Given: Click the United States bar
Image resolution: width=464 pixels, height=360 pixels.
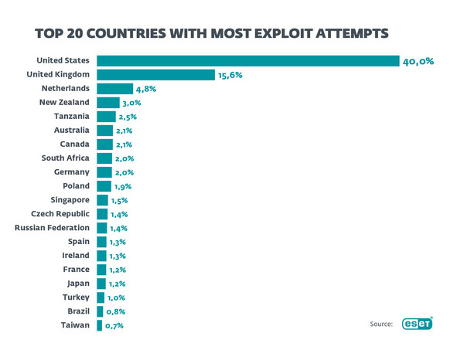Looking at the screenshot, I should point(247,61).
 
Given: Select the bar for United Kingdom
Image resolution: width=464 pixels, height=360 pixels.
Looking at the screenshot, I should point(155,75).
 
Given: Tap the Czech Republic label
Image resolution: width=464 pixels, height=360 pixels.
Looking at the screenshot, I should point(60,214).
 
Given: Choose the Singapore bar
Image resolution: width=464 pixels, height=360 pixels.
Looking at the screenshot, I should point(103,200).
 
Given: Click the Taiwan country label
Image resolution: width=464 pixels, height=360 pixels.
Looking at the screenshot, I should point(76,325).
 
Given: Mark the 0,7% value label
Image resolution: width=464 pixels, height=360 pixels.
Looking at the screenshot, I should point(114,325).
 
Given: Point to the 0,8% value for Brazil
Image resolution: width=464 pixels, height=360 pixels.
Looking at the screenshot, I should point(115,311).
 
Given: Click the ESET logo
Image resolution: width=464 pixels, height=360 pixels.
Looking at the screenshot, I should point(416,324).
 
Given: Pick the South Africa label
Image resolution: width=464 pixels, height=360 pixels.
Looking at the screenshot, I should point(66,158).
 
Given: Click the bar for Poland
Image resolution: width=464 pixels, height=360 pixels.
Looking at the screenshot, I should point(104,186).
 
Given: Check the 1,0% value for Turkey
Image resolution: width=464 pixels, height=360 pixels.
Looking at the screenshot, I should point(116,297).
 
